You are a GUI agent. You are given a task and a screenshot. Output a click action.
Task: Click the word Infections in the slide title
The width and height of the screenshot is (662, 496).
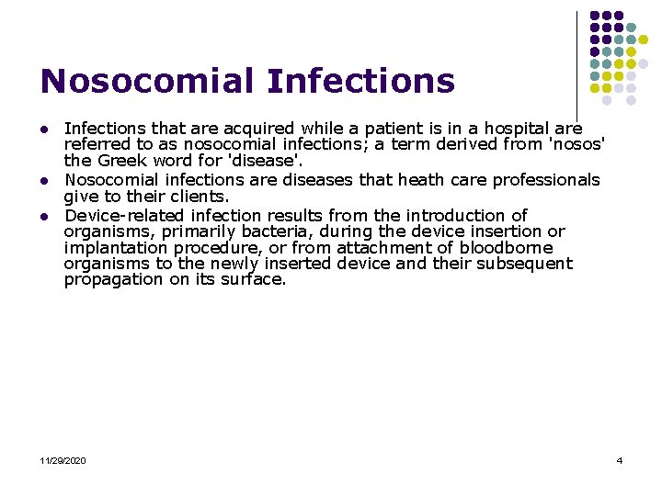361,81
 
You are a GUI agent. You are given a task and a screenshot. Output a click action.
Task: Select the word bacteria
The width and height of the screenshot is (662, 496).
274,231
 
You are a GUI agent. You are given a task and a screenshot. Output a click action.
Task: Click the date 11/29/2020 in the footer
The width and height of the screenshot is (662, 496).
63,460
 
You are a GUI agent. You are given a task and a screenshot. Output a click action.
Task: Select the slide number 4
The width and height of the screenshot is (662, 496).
620,460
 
